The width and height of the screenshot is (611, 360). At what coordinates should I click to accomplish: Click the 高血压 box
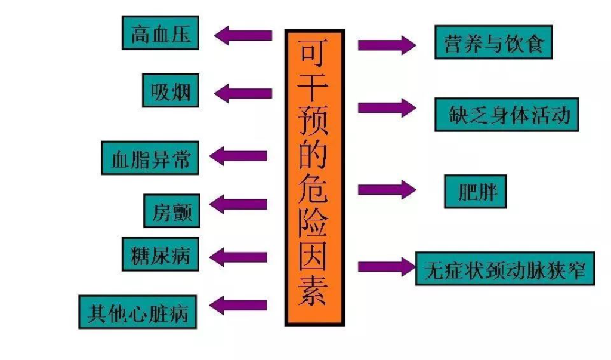coord(160,33)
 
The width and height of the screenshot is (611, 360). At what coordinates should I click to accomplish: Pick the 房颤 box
coord(171,210)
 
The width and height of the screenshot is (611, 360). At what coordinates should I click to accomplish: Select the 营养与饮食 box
coord(493,42)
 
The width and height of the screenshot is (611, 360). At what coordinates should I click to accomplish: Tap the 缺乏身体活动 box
coord(506,115)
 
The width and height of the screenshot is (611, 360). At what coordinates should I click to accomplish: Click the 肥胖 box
coord(475,191)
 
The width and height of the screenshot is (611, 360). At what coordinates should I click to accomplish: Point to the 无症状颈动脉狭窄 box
coord(505,268)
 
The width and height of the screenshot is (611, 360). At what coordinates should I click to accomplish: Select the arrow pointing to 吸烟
coord(242,93)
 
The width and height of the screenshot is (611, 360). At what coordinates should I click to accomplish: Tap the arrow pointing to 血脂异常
coord(238,156)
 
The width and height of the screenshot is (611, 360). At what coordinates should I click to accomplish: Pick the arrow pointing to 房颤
coord(238,204)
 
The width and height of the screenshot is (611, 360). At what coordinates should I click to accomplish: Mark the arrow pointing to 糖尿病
coord(238,257)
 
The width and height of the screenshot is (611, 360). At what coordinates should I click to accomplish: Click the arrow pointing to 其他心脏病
coord(238,305)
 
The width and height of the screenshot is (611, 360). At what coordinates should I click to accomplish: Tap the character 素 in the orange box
coord(313,293)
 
